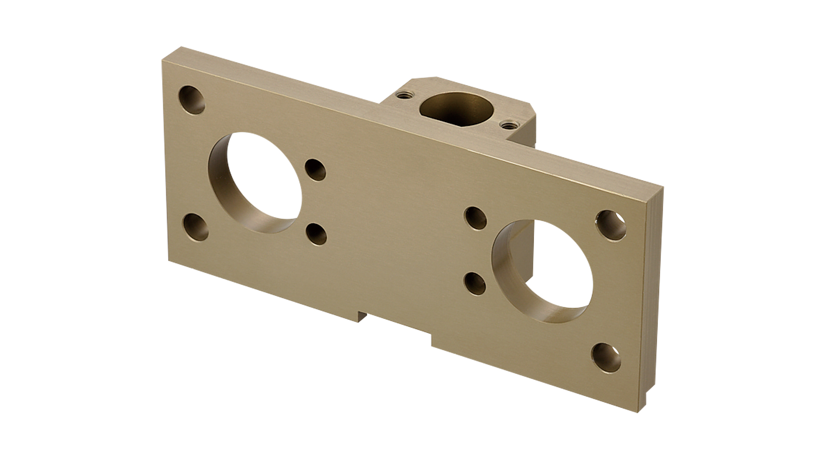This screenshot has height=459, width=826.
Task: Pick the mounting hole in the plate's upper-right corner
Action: (x=611, y=225)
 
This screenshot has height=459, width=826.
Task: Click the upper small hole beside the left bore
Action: (x=315, y=170)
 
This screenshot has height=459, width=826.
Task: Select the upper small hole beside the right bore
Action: (x=475, y=218)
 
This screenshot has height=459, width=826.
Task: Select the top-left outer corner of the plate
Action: (x=162, y=61)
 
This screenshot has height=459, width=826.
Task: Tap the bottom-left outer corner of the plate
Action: (x=168, y=260)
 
